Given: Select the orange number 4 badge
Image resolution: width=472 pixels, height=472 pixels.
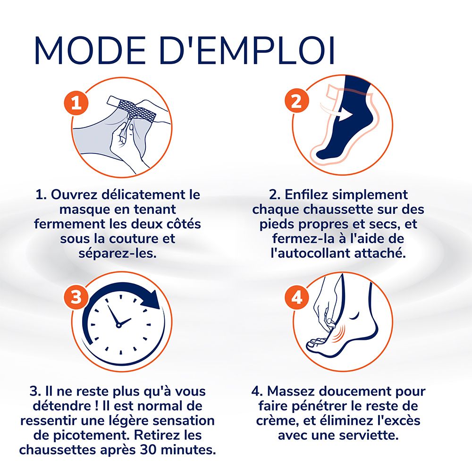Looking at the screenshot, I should [x=296, y=297].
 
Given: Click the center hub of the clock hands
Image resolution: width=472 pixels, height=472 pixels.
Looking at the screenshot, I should [x=118, y=324].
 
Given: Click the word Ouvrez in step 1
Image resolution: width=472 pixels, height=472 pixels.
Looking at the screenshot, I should [x=76, y=194].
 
